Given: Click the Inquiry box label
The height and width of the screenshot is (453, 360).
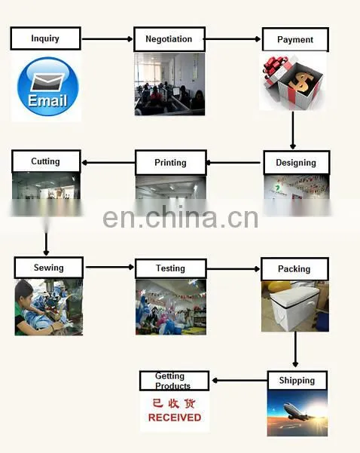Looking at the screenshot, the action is (45, 38).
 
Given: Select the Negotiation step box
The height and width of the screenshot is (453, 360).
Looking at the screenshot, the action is (169, 39).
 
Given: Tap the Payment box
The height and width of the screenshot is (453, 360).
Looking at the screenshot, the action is (295, 40).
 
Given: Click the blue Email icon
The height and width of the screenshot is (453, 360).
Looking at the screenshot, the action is (48, 87).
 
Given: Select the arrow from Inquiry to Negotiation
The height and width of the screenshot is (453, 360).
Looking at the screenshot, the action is (108, 38).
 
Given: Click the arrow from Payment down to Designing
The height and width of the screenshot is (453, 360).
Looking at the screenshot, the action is (293, 130).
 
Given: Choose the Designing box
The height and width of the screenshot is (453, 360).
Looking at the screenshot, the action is (297, 162).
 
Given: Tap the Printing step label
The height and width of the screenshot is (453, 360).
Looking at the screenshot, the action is (171, 162).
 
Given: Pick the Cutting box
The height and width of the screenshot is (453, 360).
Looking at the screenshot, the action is (46, 161).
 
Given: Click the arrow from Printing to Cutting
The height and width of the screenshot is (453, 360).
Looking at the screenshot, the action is (108, 163).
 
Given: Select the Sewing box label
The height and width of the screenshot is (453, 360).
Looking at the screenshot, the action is (49, 268).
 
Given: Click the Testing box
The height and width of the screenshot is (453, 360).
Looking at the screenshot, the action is (171, 268).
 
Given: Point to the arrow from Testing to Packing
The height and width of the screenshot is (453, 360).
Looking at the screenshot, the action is (233, 269).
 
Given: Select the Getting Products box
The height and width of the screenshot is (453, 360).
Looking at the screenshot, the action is (174, 381).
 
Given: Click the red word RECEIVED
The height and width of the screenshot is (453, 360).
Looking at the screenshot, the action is (175, 418).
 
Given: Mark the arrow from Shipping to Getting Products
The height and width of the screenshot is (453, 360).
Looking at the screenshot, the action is (240, 381).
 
